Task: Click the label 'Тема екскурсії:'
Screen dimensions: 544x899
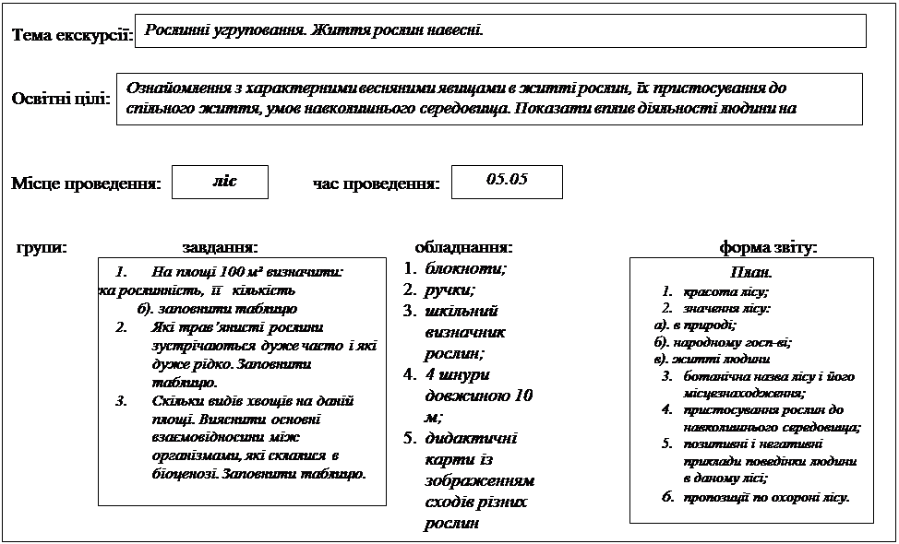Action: (x=72, y=36)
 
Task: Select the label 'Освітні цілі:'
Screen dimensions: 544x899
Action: (x=60, y=99)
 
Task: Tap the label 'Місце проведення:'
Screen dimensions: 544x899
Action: (x=86, y=183)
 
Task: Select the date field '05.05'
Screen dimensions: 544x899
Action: (x=506, y=180)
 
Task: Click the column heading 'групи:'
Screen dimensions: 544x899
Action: (x=42, y=247)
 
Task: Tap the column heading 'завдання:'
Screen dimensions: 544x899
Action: (x=220, y=247)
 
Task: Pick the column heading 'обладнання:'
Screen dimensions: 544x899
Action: (x=463, y=247)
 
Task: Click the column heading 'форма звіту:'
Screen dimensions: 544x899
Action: (x=768, y=247)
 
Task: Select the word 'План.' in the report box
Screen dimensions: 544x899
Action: (x=750, y=274)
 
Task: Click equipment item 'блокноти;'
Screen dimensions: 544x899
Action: (x=466, y=269)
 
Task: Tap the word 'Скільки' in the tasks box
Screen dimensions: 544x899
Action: (x=174, y=401)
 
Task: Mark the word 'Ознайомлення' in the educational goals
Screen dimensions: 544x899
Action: (x=182, y=89)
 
